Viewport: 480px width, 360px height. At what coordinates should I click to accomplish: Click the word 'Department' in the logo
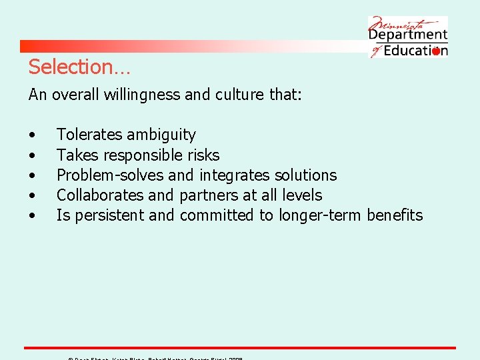pos(408,34)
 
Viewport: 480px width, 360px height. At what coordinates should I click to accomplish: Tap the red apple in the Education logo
pos(436,51)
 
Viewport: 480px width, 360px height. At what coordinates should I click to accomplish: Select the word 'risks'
pos(203,155)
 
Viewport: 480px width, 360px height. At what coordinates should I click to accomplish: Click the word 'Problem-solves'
pos(110,175)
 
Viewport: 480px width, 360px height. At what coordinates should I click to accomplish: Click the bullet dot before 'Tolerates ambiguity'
pos(32,135)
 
